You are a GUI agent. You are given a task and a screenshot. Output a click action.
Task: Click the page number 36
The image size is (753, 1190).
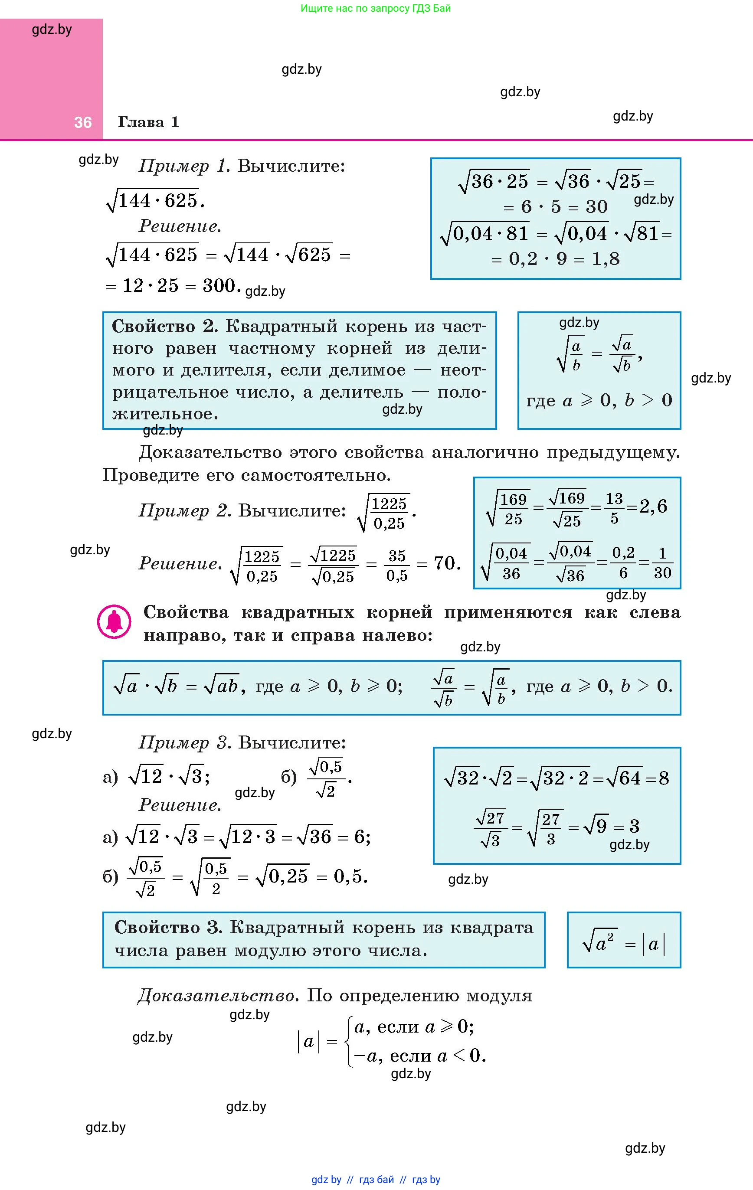82,122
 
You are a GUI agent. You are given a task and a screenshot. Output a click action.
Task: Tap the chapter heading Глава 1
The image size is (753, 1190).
148,122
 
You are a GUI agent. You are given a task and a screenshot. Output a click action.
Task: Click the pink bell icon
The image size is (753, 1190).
114,622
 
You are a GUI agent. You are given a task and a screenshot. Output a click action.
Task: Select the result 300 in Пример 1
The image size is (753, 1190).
219,285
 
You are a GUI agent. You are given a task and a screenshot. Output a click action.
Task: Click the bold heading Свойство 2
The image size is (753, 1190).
165,327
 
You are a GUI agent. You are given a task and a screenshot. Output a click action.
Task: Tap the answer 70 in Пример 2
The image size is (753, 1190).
446,563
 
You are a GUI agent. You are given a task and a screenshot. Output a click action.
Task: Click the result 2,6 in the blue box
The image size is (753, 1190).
653,506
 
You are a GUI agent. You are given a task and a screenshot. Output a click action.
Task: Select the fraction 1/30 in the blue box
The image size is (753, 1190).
662,563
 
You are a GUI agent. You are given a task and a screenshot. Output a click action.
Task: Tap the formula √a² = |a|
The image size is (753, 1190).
623,944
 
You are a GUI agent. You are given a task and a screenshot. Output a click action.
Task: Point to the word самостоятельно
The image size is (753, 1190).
316,475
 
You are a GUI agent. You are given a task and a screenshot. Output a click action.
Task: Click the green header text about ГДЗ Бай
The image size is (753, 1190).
376,8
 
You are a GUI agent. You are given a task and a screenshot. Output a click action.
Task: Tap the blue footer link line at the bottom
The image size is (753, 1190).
376,1180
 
